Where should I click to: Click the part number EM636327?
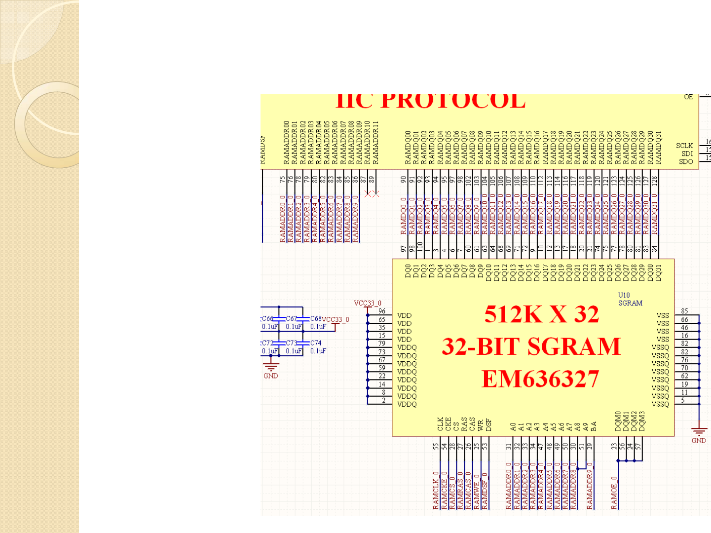point(540,380)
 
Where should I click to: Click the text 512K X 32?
point(541,314)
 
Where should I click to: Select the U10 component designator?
point(624,295)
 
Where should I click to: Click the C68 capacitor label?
point(316,319)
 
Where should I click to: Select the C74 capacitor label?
point(316,343)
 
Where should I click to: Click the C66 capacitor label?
point(267,319)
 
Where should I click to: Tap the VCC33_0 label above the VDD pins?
point(368,303)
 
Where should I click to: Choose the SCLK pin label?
point(684,146)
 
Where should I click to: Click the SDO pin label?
point(686,161)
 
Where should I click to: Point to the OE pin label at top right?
point(688,97)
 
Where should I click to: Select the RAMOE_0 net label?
point(614,493)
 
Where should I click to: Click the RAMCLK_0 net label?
point(436,490)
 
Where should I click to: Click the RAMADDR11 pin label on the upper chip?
point(375,143)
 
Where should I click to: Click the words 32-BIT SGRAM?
point(531,346)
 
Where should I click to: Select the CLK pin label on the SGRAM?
point(440,424)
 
